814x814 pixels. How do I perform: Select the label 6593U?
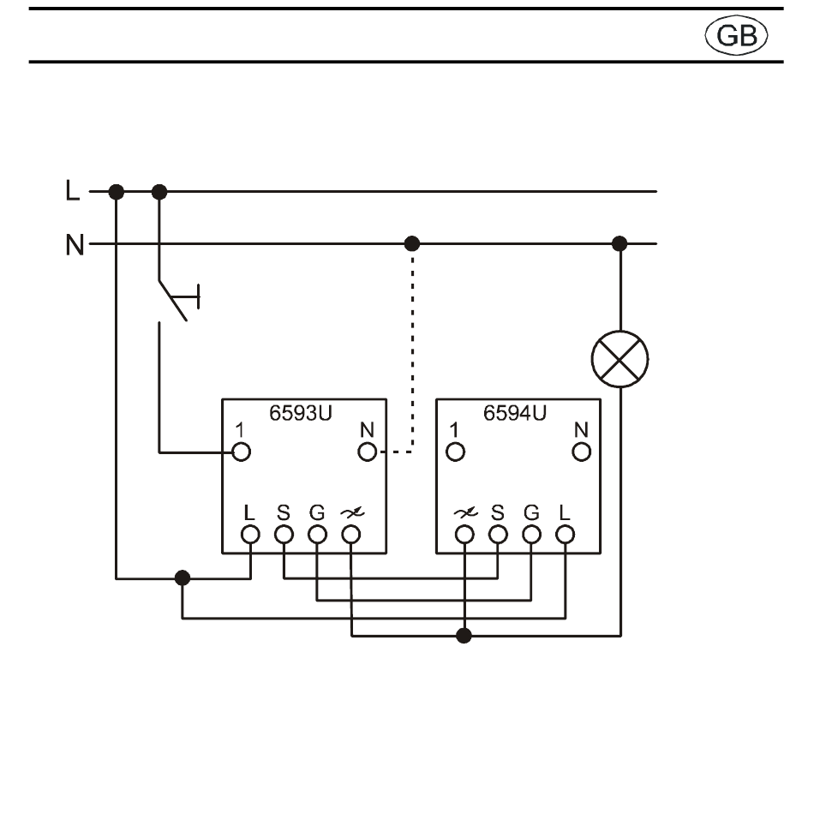[300, 413]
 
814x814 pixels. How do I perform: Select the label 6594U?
[514, 413]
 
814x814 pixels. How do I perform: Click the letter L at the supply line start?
[73, 190]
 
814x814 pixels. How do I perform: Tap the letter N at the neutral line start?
[75, 244]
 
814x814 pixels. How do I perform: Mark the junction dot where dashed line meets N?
[411, 243]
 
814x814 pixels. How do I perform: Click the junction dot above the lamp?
[619, 243]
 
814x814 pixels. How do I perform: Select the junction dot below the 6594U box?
[464, 636]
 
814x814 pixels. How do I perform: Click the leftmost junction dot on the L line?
[117, 192]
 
